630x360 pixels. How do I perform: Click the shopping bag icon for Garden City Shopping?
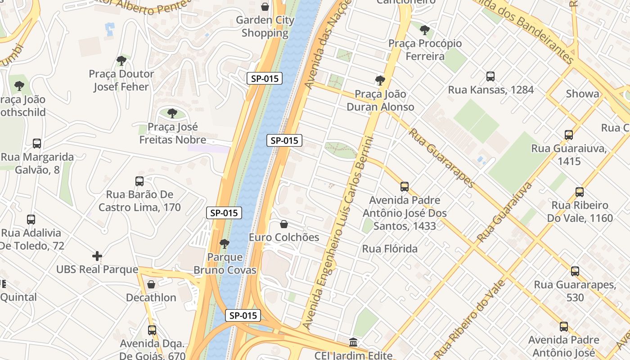(265, 7)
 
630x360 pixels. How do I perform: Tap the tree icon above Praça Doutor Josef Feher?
(121, 60)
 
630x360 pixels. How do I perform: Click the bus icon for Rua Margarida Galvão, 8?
(37, 144)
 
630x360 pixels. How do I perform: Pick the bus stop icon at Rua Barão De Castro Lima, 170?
(139, 181)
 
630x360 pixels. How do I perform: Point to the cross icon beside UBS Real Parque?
(97, 256)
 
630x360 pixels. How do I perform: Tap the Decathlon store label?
(151, 297)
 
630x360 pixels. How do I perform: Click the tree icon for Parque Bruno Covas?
(224, 244)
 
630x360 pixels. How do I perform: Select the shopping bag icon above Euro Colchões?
(284, 224)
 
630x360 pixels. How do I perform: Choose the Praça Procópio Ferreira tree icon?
(424, 30)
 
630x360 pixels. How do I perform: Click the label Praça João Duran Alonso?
(380, 100)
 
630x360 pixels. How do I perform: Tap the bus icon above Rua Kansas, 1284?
(490, 76)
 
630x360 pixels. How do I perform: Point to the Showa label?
(582, 94)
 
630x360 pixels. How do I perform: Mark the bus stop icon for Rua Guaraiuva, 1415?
(569, 135)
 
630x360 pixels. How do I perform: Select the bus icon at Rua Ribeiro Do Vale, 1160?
(580, 192)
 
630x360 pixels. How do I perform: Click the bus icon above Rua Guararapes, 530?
(575, 271)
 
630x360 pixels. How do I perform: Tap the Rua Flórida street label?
(390, 249)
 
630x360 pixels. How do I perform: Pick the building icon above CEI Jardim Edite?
(353, 342)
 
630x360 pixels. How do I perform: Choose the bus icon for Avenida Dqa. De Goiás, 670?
(152, 330)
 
